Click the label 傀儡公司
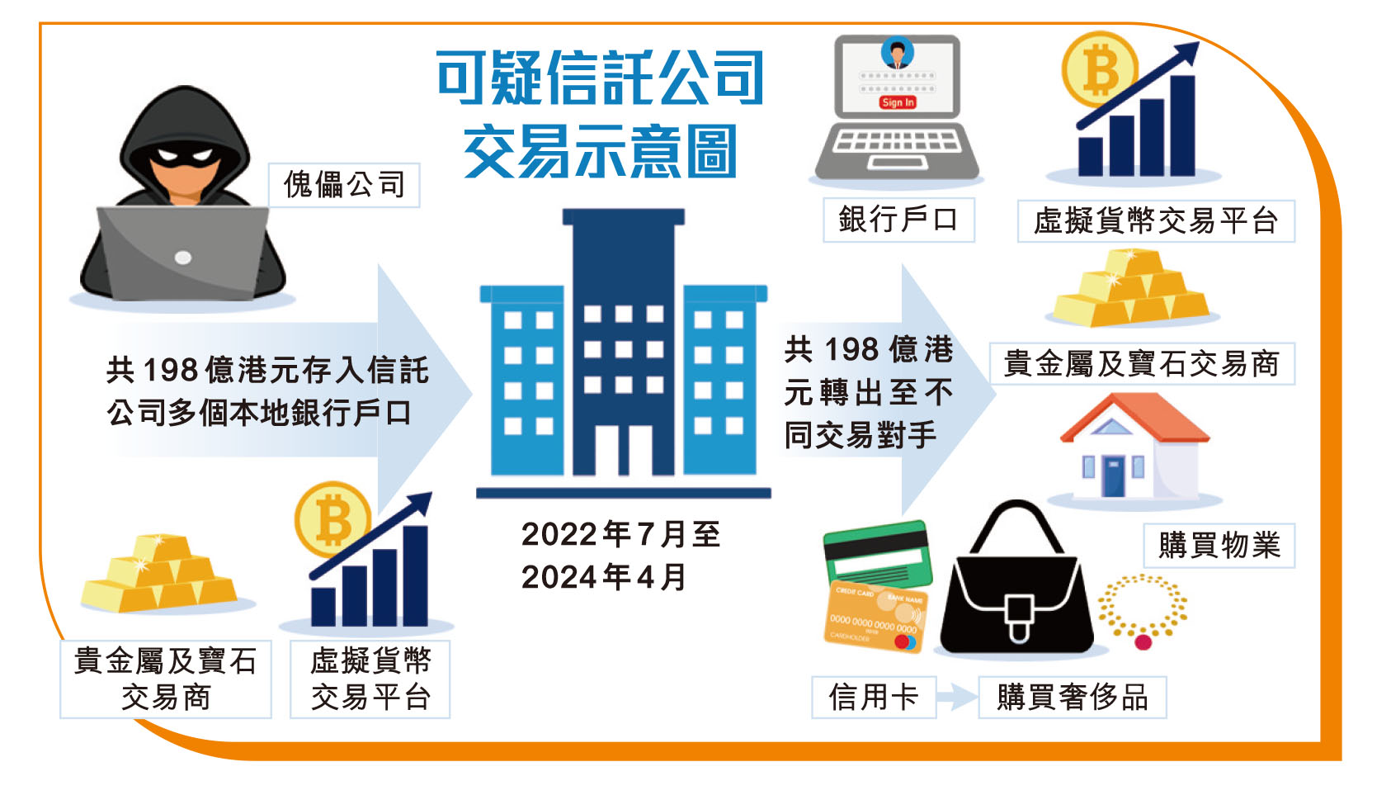(344, 185)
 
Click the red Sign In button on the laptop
(898, 102)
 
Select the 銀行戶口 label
(898, 220)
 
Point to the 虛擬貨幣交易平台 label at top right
(1156, 220)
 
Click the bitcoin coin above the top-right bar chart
(1099, 69)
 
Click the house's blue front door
(1113, 476)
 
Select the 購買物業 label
(1219, 545)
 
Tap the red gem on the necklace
(1143, 641)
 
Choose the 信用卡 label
(874, 697)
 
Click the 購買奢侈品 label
(1073, 697)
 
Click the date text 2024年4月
(604, 577)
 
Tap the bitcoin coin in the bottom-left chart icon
(332, 519)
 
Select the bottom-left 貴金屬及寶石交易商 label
(166, 679)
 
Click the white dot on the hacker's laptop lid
(183, 258)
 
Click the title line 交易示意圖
(601, 151)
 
